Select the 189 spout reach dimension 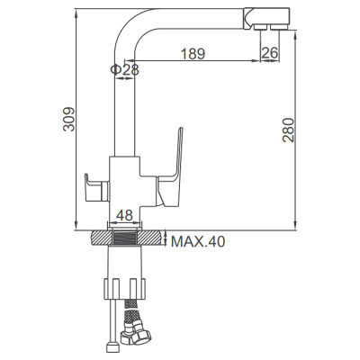191,54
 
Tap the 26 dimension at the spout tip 269,54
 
